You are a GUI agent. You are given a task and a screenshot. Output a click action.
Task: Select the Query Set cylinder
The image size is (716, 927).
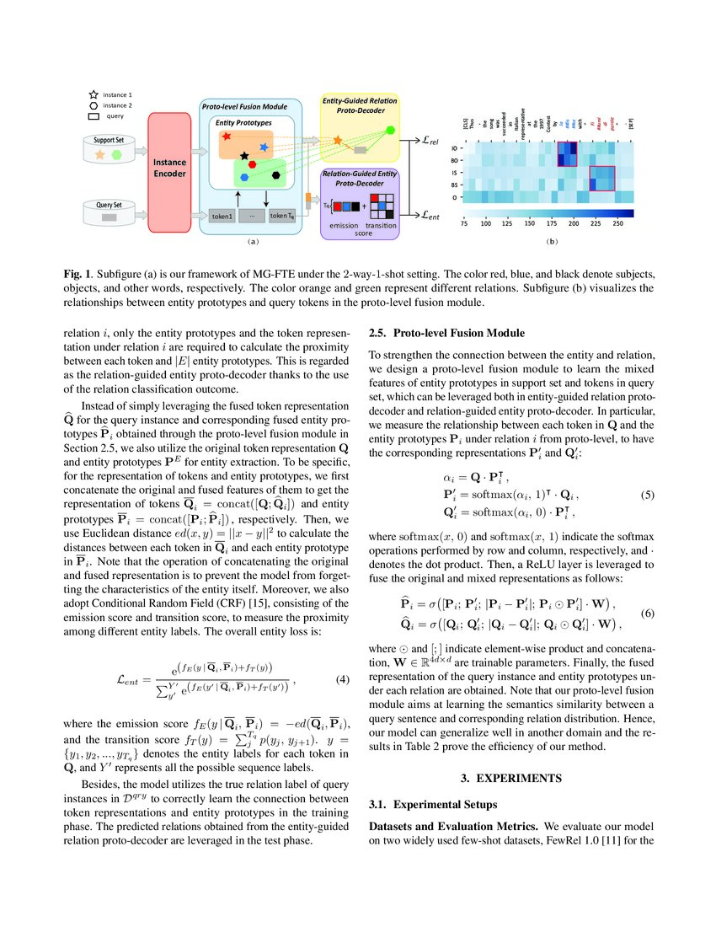[111, 216]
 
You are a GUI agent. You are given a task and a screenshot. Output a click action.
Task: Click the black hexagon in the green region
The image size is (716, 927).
[277, 174]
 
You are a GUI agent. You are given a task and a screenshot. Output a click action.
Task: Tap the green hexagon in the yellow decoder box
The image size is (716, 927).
[389, 131]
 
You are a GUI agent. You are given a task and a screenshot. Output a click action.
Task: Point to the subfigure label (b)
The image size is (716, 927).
[553, 243]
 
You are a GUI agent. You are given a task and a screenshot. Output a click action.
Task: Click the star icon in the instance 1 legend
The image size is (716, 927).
[93, 94]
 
